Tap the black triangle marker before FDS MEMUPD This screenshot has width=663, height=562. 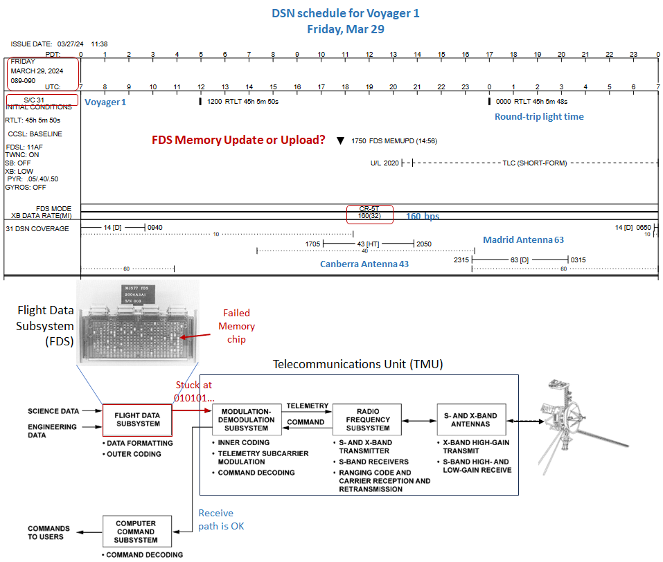pyautogui.click(x=340, y=140)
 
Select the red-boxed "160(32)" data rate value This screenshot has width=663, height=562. pyautogui.click(x=370, y=216)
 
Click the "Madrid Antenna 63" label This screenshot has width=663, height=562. pyautogui.click(x=523, y=239)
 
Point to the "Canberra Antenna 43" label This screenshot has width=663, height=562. pyautogui.click(x=364, y=264)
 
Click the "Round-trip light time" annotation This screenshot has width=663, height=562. pyautogui.click(x=538, y=116)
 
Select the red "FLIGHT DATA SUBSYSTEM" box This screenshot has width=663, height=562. pyautogui.click(x=137, y=419)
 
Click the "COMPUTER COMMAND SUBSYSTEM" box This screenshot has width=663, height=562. pyautogui.click(x=136, y=532)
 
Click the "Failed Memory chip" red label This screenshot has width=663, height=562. pyautogui.click(x=236, y=326)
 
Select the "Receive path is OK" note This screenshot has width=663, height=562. pyautogui.click(x=215, y=519)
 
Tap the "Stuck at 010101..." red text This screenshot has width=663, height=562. pyautogui.click(x=191, y=392)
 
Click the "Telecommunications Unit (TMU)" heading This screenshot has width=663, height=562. pyautogui.click(x=357, y=364)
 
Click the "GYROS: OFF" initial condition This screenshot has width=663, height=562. pyautogui.click(x=26, y=187)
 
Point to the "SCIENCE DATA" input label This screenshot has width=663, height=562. pyautogui.click(x=53, y=411)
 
